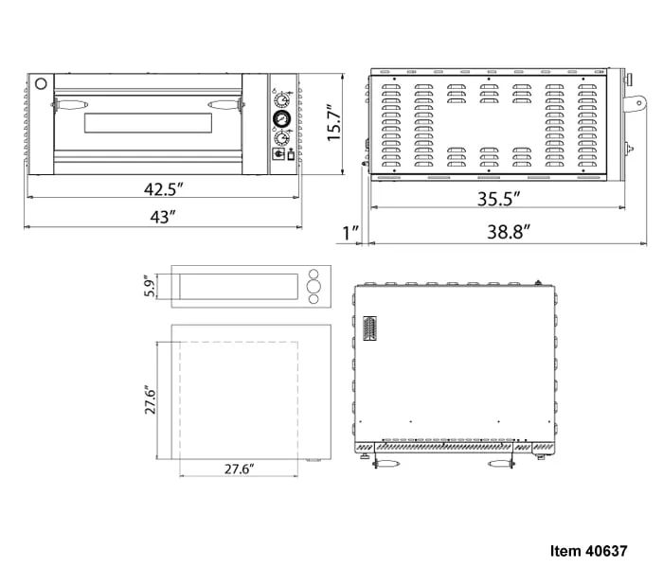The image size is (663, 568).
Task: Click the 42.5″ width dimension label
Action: (x=163, y=189)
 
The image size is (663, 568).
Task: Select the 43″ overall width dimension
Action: (x=163, y=217)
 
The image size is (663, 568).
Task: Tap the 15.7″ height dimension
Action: (x=334, y=123)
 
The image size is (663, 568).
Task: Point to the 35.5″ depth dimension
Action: (x=498, y=199)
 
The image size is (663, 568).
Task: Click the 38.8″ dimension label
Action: (x=509, y=232)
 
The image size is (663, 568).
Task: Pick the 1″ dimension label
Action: (x=350, y=233)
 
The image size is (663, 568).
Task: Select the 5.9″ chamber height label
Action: (x=150, y=287)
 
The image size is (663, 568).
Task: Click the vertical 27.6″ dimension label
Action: (x=150, y=399)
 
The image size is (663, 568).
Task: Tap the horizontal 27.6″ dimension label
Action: (x=239, y=469)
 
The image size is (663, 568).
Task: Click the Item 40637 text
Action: (x=588, y=551)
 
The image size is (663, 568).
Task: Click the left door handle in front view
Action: (x=70, y=104)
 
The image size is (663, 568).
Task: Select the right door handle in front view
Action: (x=226, y=104)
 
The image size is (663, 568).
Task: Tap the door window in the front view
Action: (x=148, y=123)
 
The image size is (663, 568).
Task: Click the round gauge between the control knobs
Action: (x=281, y=118)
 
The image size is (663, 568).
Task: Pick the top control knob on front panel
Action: (x=281, y=100)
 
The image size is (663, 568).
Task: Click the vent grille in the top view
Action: (x=370, y=328)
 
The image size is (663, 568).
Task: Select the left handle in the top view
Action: (x=385, y=464)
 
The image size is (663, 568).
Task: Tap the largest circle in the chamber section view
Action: (x=314, y=287)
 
